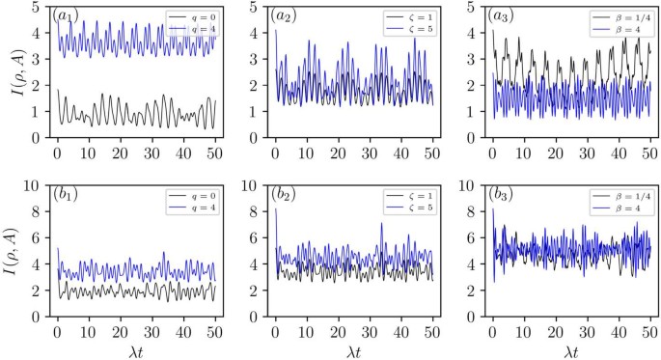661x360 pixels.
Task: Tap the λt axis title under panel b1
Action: coord(135,349)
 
